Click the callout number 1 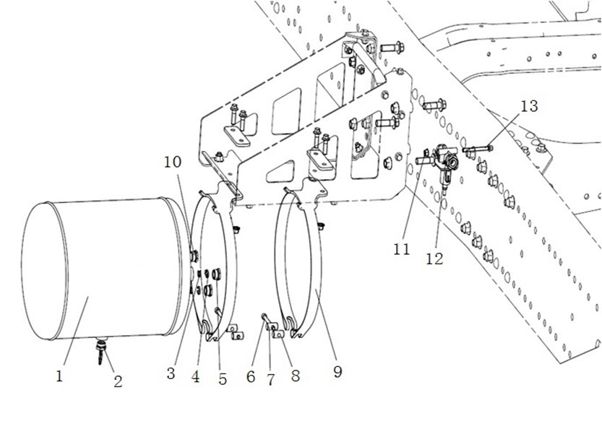(61, 376)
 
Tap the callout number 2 (118, 382)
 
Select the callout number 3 (171, 374)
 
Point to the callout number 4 (195, 376)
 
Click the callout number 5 (222, 376)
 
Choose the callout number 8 (295, 376)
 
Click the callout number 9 (337, 372)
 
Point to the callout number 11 (403, 249)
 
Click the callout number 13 (529, 106)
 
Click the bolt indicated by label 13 (477, 149)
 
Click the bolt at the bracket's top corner (391, 48)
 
